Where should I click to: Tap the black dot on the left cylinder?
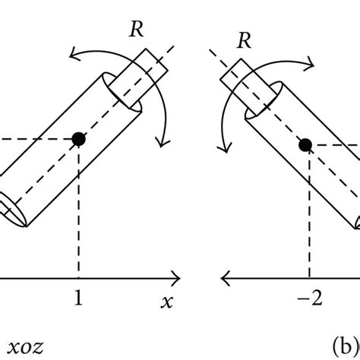pos(78,138)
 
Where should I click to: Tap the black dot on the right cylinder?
pos(307,144)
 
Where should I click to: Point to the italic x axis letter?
pos(166,302)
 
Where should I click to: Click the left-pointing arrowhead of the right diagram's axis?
pos(224,276)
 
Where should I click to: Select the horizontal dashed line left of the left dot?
pos(38,138)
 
